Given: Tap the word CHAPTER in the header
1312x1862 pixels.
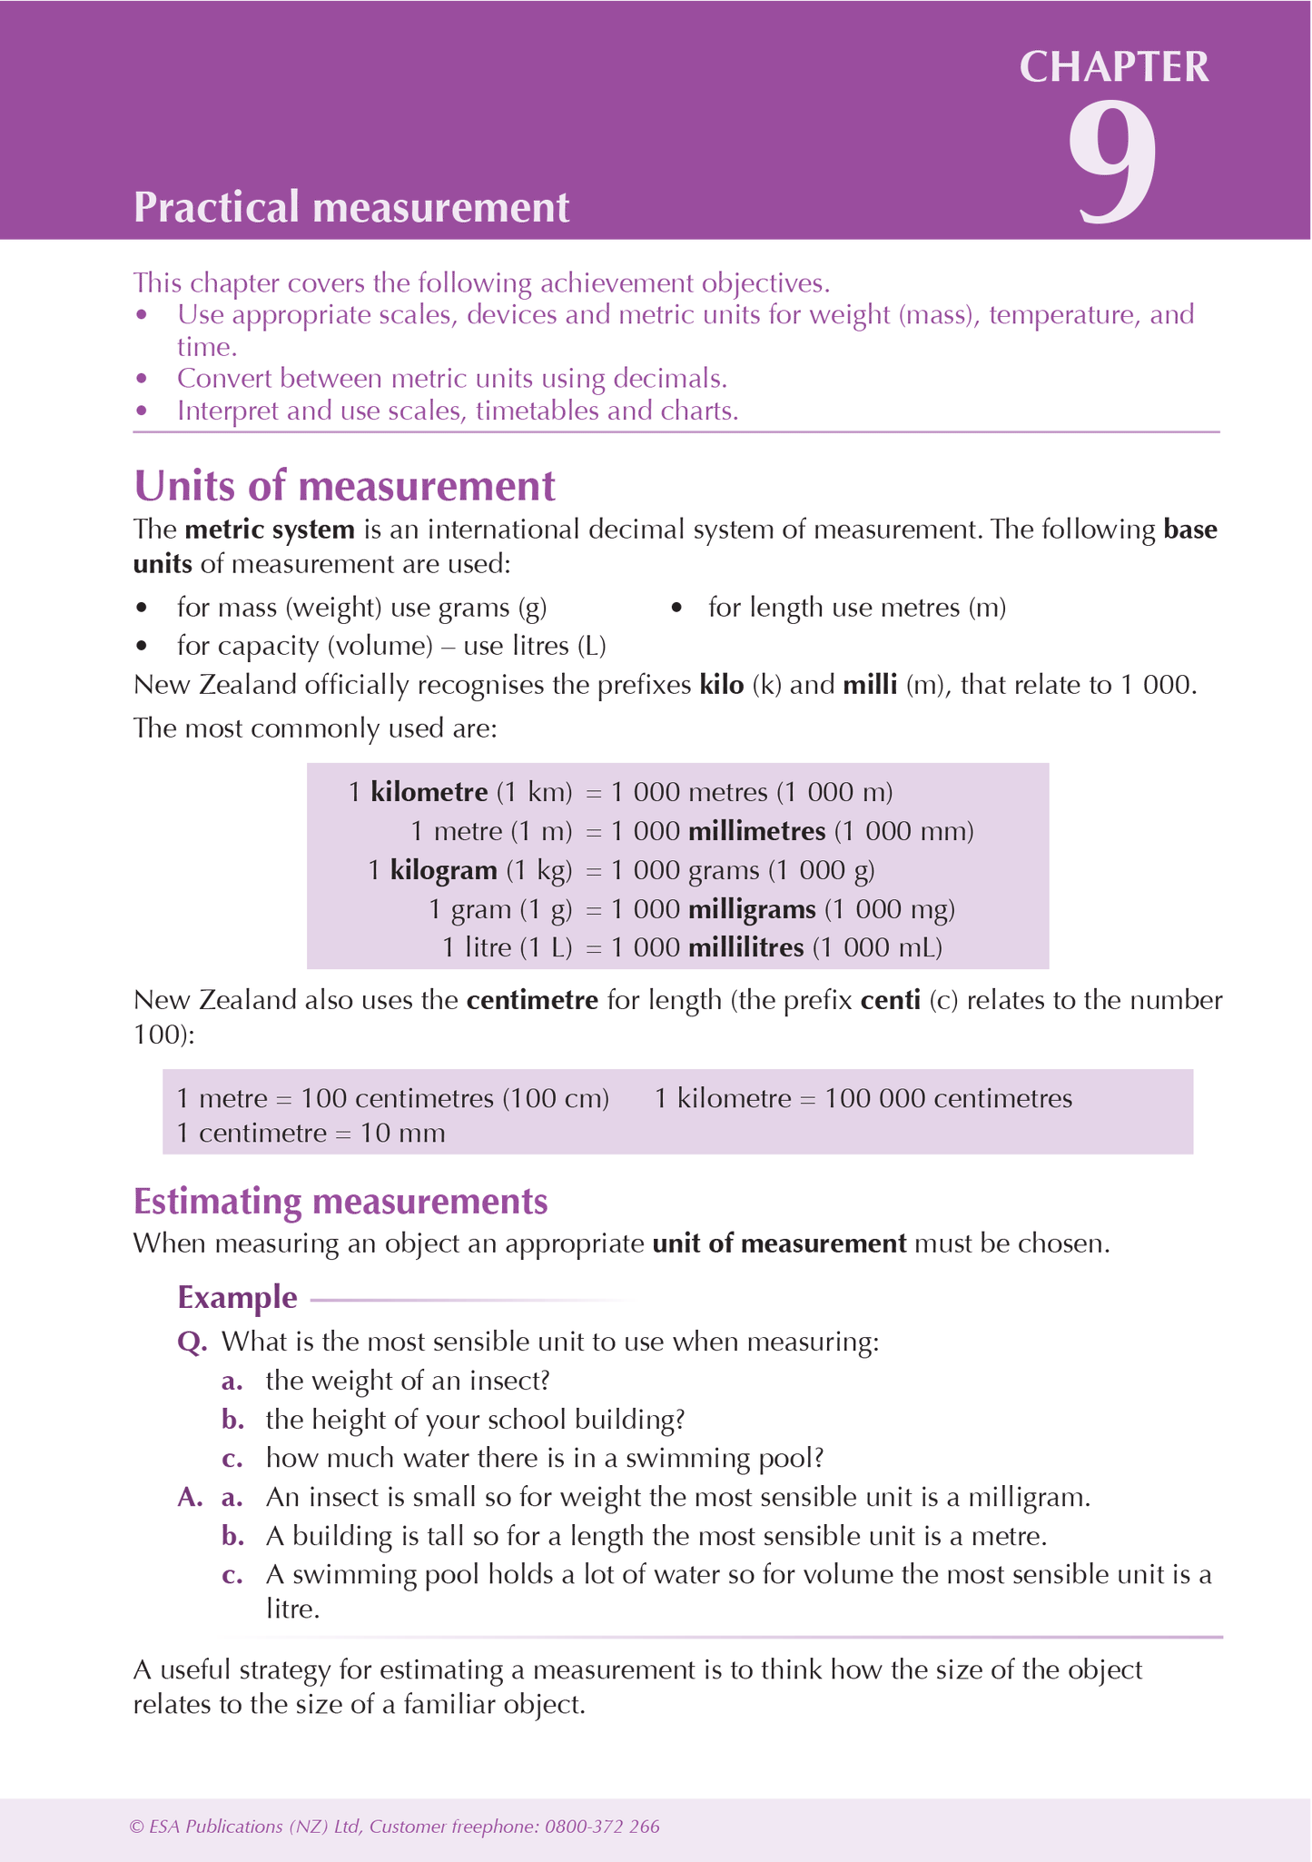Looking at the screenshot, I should click(1114, 67).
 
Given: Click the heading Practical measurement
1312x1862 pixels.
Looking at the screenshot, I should click(351, 207).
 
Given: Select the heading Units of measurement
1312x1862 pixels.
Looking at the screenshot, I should click(344, 486).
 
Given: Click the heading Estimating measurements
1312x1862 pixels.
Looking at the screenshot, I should click(340, 1202).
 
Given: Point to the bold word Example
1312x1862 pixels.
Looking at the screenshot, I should click(237, 1297).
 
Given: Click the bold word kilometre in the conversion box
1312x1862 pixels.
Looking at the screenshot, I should click(429, 792).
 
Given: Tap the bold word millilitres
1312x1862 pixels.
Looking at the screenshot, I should click(745, 948).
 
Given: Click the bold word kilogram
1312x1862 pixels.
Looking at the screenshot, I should click(443, 870).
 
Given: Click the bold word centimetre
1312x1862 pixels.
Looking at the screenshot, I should click(532, 1001).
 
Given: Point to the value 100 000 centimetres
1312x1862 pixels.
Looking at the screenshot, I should click(948, 1099).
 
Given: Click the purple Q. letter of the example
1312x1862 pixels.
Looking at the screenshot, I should click(192, 1342).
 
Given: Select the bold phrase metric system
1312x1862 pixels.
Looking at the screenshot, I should click(269, 530).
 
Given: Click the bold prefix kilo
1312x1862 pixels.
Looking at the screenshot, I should click(721, 685).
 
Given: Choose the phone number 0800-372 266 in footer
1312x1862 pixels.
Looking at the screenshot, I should click(602, 1827).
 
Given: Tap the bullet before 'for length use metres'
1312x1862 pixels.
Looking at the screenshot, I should click(676, 608).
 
